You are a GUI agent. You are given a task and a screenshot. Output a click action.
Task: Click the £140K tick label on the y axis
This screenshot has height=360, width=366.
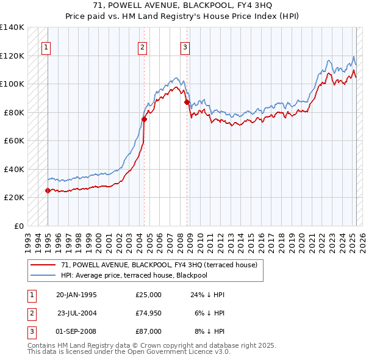point(12,27)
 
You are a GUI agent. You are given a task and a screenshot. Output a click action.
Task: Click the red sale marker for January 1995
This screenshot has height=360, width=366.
point(48,190)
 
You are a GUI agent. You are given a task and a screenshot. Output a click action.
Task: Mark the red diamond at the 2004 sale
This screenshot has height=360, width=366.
point(145,119)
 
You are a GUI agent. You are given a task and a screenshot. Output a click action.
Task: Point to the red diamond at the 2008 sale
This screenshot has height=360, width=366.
point(187,103)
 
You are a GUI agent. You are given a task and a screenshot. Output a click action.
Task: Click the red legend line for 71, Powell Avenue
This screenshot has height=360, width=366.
point(42,265)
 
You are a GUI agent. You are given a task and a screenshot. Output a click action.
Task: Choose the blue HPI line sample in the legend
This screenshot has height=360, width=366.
point(42,275)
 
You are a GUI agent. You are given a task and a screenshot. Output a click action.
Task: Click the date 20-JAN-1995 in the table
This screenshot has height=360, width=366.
point(76,295)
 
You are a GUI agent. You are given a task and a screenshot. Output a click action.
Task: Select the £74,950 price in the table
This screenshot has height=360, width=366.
point(149,313)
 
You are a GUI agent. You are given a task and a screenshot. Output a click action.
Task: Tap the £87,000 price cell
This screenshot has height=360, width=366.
point(149,331)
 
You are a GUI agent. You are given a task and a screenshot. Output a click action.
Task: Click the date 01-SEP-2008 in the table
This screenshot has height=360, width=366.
point(76,331)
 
